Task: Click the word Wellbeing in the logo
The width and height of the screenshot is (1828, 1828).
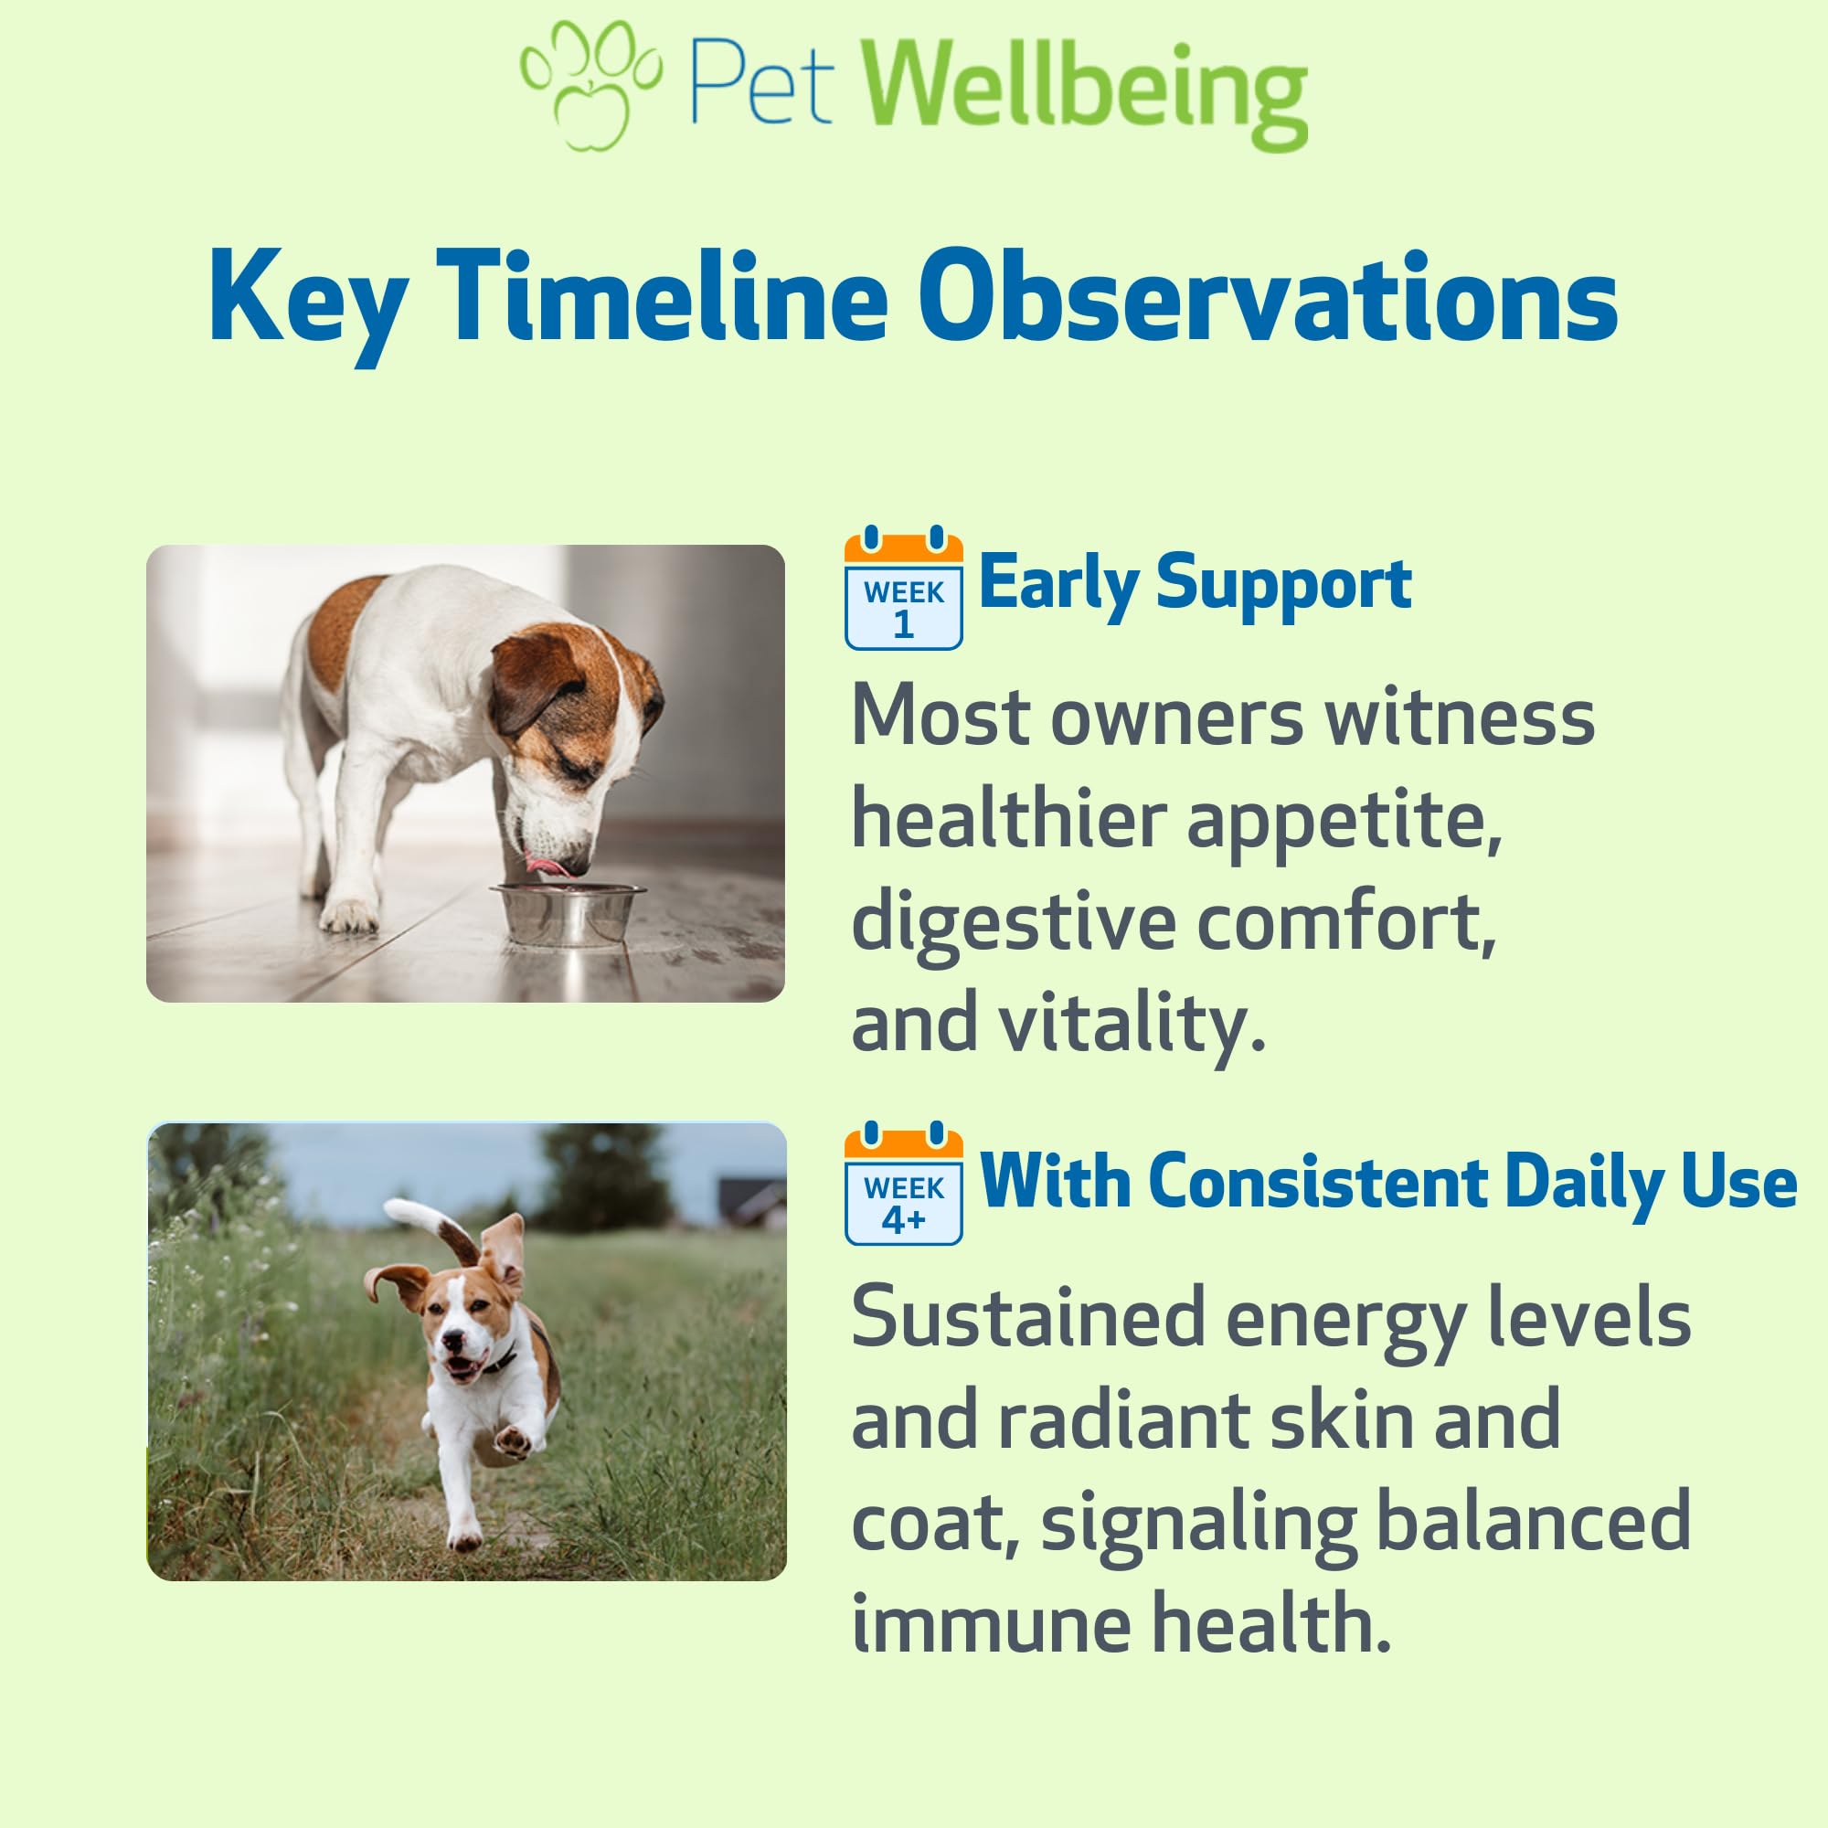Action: pyautogui.click(x=1085, y=92)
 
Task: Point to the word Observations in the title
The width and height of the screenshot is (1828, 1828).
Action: pyautogui.click(x=1268, y=297)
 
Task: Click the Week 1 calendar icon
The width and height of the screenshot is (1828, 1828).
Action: pyautogui.click(x=904, y=588)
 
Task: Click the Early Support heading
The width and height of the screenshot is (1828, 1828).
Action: pyautogui.click(x=1195, y=584)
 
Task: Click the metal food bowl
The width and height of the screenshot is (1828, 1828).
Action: pyautogui.click(x=567, y=914)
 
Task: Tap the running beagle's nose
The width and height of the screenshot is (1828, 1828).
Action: pyautogui.click(x=453, y=1341)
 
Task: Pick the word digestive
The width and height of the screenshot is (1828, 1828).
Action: pyautogui.click(x=1015, y=922)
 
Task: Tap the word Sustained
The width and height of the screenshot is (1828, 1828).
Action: pyautogui.click(x=1027, y=1316)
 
